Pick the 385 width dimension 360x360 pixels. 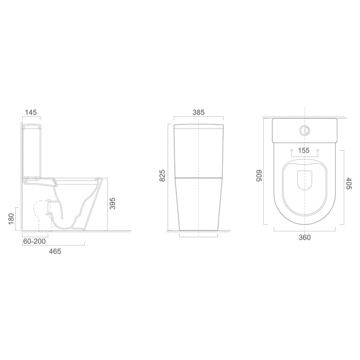click(x=199, y=112)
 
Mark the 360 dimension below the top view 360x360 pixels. click(x=304, y=237)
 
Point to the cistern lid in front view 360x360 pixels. click(x=199, y=127)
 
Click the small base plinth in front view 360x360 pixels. click(x=199, y=236)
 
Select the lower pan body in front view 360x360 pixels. click(x=199, y=203)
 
